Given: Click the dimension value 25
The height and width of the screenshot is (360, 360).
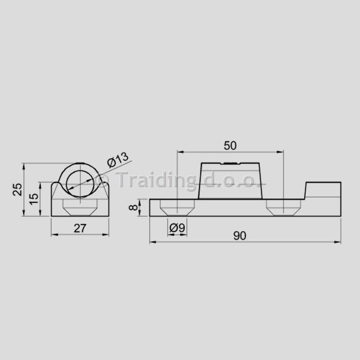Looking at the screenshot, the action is coord(18,189).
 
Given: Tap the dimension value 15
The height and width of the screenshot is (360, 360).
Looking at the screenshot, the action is coord(34,199).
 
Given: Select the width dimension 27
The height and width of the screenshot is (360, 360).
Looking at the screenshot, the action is coord(80,228).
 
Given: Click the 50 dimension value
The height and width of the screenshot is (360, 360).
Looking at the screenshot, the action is coord(230,145).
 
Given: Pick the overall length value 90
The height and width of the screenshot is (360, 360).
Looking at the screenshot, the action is coord(240,236).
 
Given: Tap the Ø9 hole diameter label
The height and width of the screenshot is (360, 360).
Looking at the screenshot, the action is coord(177,228).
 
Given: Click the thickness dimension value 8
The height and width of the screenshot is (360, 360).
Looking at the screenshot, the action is coord(133,207).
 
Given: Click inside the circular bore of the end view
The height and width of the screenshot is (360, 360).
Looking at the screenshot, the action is coord(80,184).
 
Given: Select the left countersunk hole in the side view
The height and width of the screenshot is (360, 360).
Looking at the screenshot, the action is coord(177,207).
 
